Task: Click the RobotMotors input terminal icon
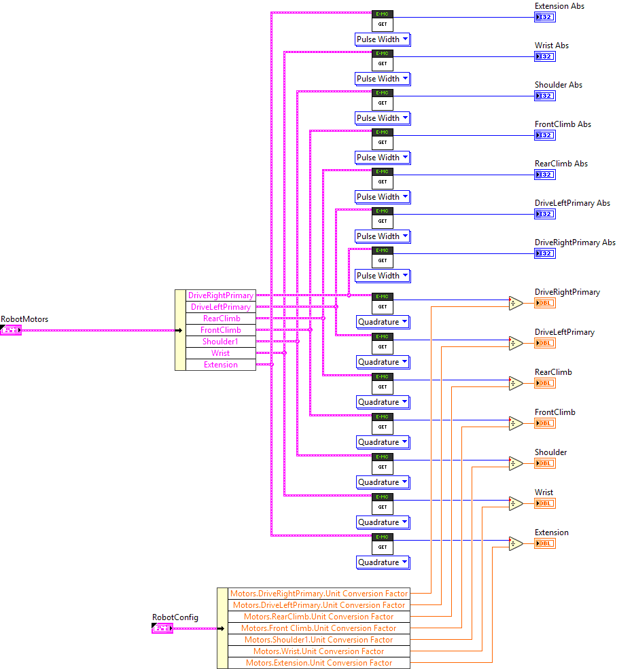pyautogui.click(x=11, y=330)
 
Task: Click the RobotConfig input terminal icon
pyautogui.click(x=162, y=629)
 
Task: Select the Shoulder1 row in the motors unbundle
pyautogui.click(x=221, y=342)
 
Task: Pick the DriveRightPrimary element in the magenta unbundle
pyautogui.click(x=221, y=295)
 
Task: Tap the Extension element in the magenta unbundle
pyautogui.click(x=221, y=365)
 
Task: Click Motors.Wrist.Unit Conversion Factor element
pyautogui.click(x=319, y=651)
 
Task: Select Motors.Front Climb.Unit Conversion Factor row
pyautogui.click(x=319, y=628)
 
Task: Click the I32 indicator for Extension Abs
pyautogui.click(x=544, y=17)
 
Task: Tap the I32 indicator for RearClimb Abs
pyautogui.click(x=544, y=175)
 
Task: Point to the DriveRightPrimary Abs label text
pyautogui.click(x=575, y=242)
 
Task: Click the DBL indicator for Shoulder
pyautogui.click(x=544, y=463)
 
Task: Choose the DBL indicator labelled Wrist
pyautogui.click(x=544, y=503)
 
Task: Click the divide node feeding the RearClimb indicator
pyautogui.click(x=516, y=383)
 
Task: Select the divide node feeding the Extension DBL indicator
pyautogui.click(x=516, y=543)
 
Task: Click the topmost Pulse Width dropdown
pyautogui.click(x=383, y=39)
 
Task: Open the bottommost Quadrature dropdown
pyautogui.click(x=383, y=562)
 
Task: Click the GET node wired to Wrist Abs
pyautogui.click(x=383, y=60)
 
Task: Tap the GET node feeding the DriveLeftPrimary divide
pyautogui.click(x=383, y=343)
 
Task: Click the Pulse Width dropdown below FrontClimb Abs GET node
pyautogui.click(x=383, y=158)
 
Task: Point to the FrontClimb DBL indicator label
pyautogui.click(x=554, y=412)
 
